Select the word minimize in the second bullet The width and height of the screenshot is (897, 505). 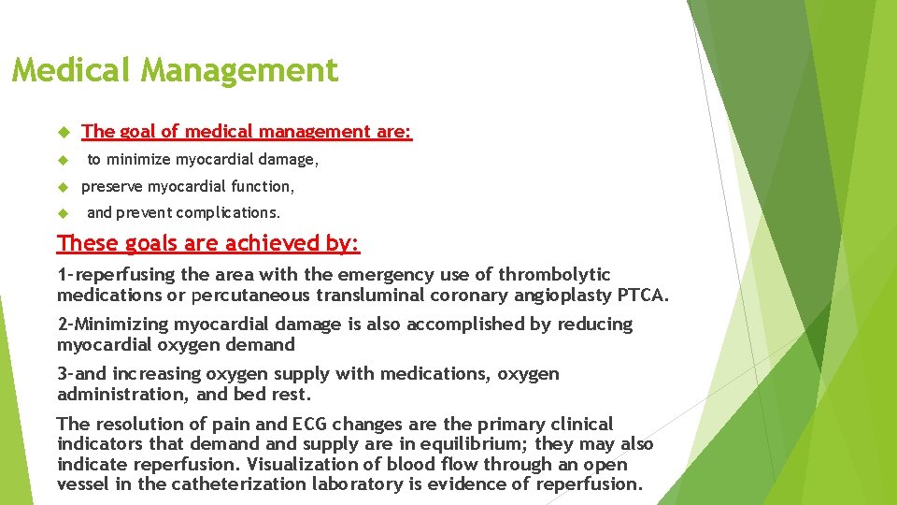(x=138, y=160)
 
